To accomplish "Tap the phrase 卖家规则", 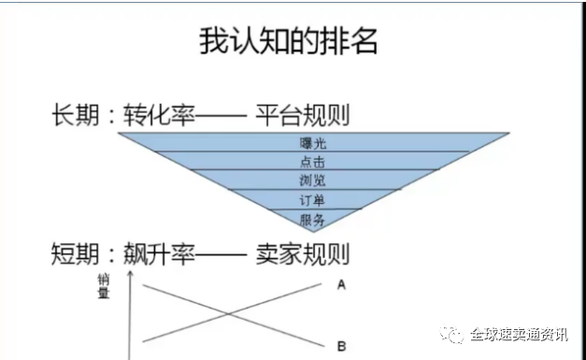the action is (303, 252).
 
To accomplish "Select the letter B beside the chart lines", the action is (341, 346).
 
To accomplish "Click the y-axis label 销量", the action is (103, 286).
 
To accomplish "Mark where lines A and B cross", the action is (230, 313).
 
